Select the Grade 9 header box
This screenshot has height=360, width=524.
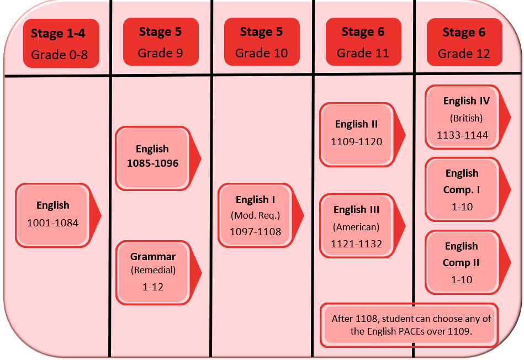click(x=160, y=42)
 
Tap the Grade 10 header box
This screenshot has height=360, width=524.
click(x=261, y=42)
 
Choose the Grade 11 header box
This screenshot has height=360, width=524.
click(x=363, y=42)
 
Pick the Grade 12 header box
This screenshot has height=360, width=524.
click(x=464, y=43)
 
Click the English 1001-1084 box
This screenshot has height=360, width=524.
click(x=53, y=214)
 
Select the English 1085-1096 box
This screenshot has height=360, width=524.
click(x=152, y=156)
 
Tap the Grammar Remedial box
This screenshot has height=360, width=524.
click(x=154, y=271)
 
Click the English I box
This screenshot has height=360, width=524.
click(x=256, y=215)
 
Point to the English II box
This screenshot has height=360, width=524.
click(x=357, y=133)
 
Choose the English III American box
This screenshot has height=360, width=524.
click(x=357, y=226)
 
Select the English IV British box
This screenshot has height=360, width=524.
click(x=463, y=118)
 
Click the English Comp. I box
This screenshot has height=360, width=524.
click(x=462, y=189)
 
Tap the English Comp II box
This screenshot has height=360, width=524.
click(x=462, y=262)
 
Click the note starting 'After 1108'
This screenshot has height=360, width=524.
click(x=411, y=325)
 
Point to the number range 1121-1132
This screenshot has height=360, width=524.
click(x=357, y=243)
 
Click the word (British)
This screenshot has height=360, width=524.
click(x=466, y=118)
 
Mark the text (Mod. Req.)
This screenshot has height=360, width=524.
click(x=256, y=216)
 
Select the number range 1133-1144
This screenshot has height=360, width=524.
click(x=463, y=135)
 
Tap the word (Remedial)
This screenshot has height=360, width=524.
click(x=153, y=271)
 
